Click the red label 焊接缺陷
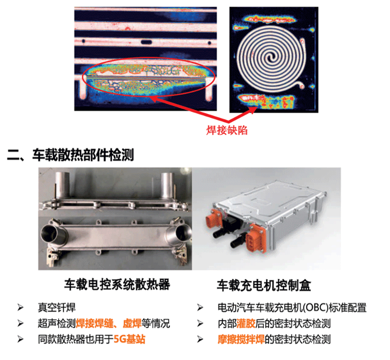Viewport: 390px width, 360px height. pos(227,130)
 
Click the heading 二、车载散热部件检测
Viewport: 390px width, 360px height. pos(71,155)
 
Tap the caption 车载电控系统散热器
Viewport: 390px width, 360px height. pos(117,284)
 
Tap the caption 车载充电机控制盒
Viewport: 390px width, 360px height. pos(264,285)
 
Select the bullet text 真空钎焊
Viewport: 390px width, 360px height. pos(57,308)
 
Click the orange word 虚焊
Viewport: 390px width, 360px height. pos(132,323)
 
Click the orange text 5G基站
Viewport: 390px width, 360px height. pos(130,339)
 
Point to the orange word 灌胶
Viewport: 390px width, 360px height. pos(246,323)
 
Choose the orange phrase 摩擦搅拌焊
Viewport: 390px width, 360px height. pos(241,339)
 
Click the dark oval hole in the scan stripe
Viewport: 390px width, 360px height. pos(146,42)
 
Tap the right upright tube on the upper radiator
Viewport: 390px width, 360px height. pos(167,185)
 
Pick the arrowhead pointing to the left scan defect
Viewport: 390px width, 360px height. pos(155,99)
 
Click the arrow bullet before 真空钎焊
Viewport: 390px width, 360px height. pos(20,308)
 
